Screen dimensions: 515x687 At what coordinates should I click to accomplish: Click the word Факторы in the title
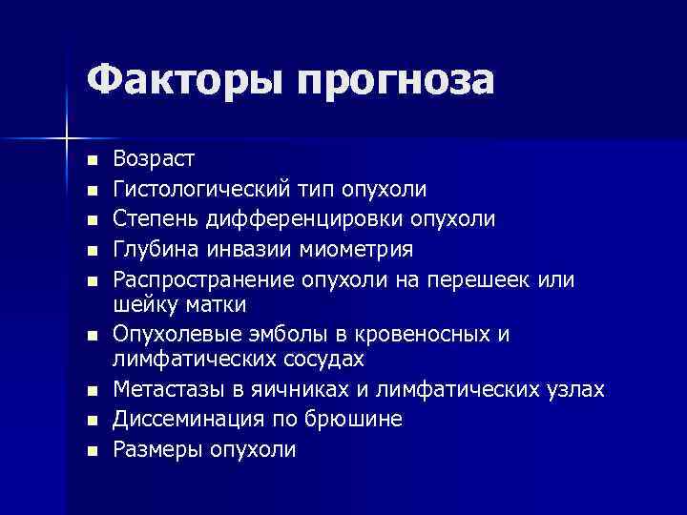[181, 80]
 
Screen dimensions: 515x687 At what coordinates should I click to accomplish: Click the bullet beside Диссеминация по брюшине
[91, 421]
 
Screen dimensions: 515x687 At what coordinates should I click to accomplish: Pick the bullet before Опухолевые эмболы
[91, 336]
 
